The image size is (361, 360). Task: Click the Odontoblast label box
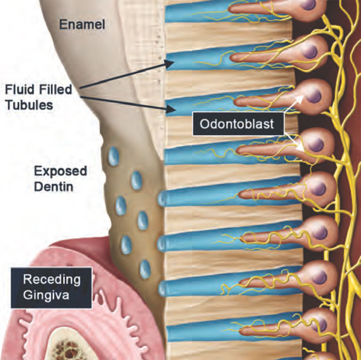[229, 124]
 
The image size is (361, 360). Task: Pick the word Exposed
[61, 171]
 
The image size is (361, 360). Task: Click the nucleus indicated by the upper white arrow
[313, 94]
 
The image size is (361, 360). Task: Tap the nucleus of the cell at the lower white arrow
[313, 142]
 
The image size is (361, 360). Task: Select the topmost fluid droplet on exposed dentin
[114, 158]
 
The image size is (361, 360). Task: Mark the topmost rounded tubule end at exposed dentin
[162, 198]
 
